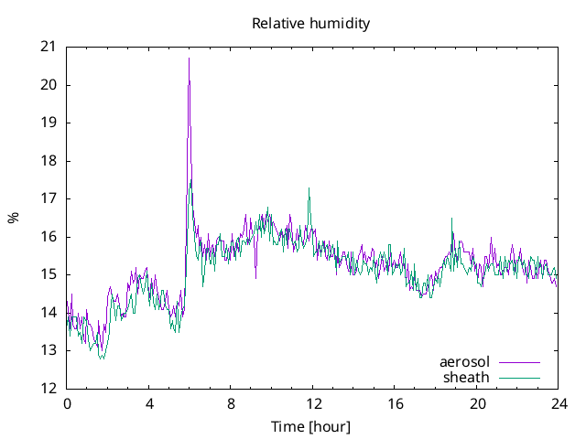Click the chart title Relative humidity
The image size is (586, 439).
click(311, 24)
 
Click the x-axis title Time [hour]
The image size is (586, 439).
click(311, 427)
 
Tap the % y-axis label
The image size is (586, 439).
click(14, 218)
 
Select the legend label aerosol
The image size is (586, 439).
click(465, 362)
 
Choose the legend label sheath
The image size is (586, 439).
click(467, 377)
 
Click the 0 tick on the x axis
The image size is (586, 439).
click(67, 403)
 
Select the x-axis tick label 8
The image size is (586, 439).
click(231, 403)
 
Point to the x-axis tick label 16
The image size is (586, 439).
click(395, 403)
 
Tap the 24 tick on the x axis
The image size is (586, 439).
click(559, 403)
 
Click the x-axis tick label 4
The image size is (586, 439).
click(149, 403)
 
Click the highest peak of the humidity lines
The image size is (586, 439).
click(190, 59)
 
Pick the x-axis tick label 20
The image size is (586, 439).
click(477, 403)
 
